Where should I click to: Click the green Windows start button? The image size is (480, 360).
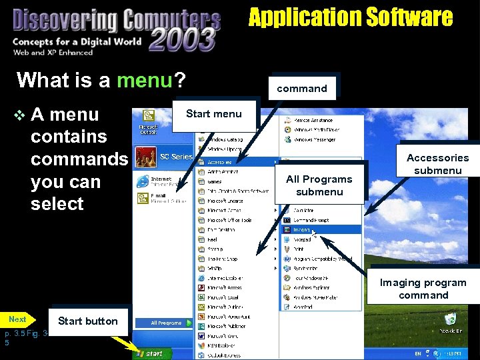[150, 353]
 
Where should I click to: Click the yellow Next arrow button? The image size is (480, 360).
[18, 320]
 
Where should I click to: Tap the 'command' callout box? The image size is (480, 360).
[302, 88]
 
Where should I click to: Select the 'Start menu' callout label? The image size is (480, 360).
[213, 114]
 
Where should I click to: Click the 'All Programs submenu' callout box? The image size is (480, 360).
[319, 185]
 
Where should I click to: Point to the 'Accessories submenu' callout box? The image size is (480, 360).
[437, 164]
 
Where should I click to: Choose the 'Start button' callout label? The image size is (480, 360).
[87, 321]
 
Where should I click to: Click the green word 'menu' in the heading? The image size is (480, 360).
[145, 81]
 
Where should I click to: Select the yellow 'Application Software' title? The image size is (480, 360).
[351, 17]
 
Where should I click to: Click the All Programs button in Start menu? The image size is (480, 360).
[166, 323]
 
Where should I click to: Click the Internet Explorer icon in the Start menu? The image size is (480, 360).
[143, 181]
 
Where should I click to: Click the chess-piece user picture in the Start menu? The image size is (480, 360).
[146, 157]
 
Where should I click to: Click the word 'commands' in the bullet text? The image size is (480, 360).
[79, 159]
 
